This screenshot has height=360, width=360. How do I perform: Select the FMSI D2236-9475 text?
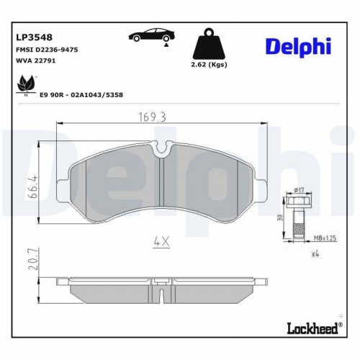point(47,49)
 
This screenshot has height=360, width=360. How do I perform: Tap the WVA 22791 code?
point(35,61)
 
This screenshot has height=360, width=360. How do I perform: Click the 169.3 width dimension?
point(153,115)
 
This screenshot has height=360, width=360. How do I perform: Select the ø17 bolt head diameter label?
point(300,190)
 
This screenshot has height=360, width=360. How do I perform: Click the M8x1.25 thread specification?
point(324,236)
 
